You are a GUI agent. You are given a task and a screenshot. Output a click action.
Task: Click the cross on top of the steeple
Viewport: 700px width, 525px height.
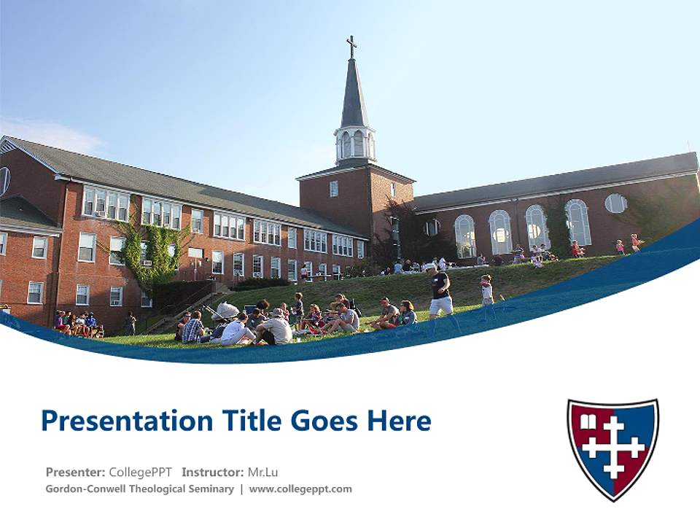351,46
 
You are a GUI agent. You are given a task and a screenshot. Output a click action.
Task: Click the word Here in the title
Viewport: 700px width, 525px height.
399,421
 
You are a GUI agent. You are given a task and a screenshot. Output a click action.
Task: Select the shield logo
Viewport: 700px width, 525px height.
612,448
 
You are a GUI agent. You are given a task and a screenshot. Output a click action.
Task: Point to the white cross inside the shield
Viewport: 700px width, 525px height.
614,447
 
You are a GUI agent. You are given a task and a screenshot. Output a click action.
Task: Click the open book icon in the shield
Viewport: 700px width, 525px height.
588,421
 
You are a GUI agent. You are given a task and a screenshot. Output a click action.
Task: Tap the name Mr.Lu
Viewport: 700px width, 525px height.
262,472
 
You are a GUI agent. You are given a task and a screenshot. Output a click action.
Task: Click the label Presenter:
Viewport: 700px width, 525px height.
75,472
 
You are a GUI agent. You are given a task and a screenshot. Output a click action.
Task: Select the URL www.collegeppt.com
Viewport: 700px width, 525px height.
300,489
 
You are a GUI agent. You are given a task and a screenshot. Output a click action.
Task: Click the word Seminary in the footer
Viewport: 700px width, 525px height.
211,489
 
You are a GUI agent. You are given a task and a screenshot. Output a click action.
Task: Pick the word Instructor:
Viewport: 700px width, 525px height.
212,472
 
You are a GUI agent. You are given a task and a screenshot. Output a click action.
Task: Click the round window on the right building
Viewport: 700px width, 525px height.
615,203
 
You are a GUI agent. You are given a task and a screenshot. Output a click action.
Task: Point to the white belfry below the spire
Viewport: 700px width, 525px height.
355,144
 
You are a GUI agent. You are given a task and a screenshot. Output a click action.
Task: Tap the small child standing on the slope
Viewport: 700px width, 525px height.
486,289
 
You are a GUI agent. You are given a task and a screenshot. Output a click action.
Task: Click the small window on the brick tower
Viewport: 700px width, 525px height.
334,189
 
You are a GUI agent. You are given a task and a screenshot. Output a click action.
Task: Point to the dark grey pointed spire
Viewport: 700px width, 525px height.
354,95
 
